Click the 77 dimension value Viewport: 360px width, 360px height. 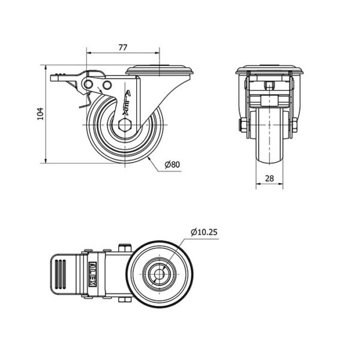(123, 47)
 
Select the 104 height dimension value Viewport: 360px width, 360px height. (40, 114)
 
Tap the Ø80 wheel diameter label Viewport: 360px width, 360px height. (172, 164)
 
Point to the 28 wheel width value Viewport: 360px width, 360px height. (269, 178)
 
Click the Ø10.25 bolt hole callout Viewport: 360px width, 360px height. (204, 232)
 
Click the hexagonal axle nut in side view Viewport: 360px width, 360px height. (125, 125)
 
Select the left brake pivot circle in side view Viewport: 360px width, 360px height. (88, 85)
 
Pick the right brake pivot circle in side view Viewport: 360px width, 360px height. (107, 85)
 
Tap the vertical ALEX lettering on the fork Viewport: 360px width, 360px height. (127, 103)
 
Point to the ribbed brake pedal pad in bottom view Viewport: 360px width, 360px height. (61, 274)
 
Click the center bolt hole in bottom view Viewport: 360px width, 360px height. (159, 274)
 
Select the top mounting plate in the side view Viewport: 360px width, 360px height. (160, 70)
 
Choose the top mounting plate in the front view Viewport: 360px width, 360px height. (269, 70)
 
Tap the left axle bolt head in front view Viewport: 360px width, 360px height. (243, 125)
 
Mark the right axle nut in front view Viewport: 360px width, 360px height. (295, 125)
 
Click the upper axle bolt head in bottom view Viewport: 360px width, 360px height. (125, 248)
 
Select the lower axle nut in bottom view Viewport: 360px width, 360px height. (125, 299)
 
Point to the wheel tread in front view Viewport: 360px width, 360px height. (269, 136)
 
